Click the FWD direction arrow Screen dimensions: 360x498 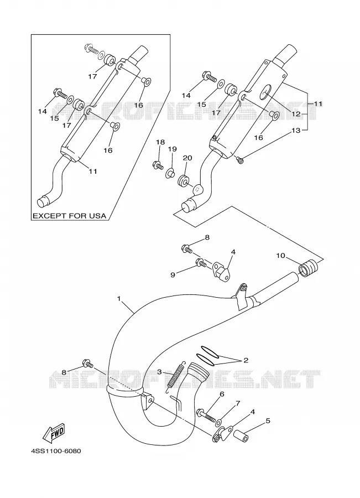(54, 433)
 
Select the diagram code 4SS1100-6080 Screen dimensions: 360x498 (56, 451)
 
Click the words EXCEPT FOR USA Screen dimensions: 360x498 (70, 216)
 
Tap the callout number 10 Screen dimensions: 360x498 (280, 255)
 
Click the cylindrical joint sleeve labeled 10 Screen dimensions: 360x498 (308, 268)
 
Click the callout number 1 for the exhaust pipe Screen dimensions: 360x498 (119, 299)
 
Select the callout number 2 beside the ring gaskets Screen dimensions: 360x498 (246, 360)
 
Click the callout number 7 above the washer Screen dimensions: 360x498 (237, 403)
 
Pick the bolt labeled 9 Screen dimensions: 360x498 (201, 263)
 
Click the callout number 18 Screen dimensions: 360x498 (160, 142)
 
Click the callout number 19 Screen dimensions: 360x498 (173, 149)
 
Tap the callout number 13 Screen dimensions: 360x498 (296, 131)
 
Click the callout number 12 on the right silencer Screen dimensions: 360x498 (296, 113)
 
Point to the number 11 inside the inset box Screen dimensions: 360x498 (93, 172)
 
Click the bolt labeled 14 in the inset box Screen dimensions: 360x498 (60, 94)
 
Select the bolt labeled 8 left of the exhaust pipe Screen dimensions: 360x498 (87, 364)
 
